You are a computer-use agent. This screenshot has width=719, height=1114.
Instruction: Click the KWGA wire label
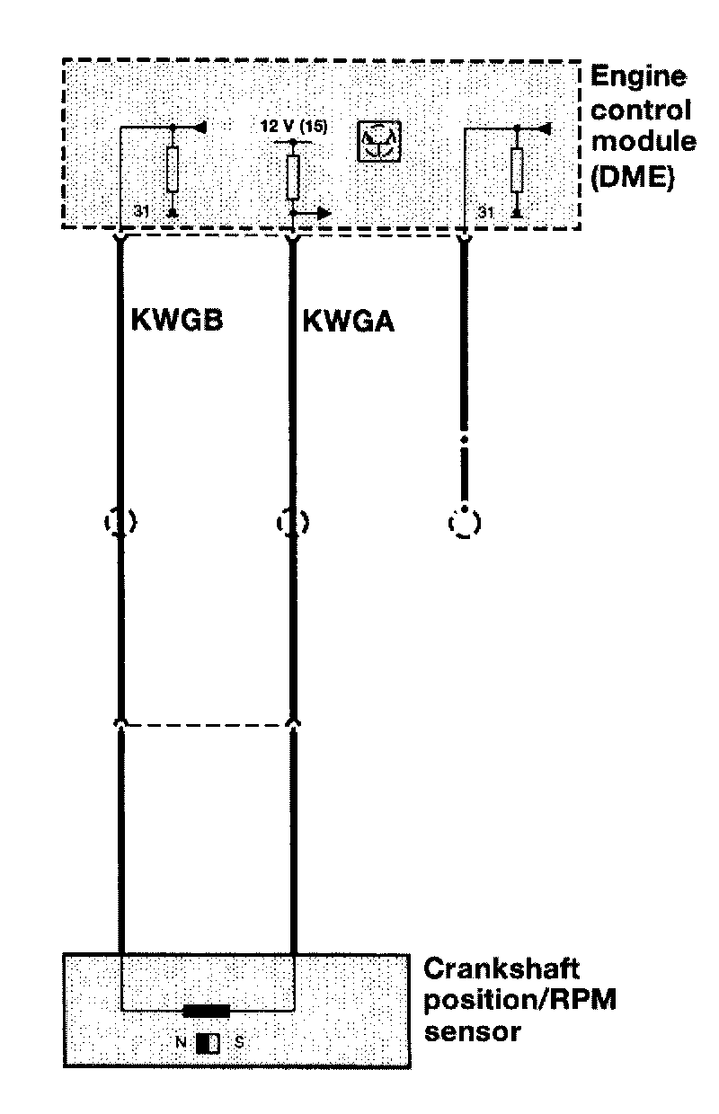click(x=348, y=321)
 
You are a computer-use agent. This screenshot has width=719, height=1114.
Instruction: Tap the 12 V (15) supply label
click(x=294, y=127)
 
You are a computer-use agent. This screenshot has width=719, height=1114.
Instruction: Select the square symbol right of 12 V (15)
click(x=381, y=142)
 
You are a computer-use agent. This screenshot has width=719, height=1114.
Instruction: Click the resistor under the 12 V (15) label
click(x=293, y=177)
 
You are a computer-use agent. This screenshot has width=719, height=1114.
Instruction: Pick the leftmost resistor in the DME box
click(x=173, y=169)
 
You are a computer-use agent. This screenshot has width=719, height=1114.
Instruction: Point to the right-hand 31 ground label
click(x=485, y=213)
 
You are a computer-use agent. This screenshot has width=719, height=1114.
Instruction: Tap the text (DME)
click(x=632, y=177)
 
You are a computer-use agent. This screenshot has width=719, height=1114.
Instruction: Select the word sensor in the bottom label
click(x=472, y=1030)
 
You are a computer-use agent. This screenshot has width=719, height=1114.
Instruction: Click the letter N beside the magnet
click(x=182, y=1043)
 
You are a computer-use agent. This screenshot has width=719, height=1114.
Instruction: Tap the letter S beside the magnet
click(x=238, y=1043)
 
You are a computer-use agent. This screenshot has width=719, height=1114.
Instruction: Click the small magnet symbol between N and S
click(x=209, y=1043)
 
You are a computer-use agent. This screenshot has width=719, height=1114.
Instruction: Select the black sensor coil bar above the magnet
click(x=206, y=1012)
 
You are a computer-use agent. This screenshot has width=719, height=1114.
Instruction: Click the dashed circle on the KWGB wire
click(x=120, y=521)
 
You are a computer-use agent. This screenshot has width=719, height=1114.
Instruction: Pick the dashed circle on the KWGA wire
click(x=293, y=521)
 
